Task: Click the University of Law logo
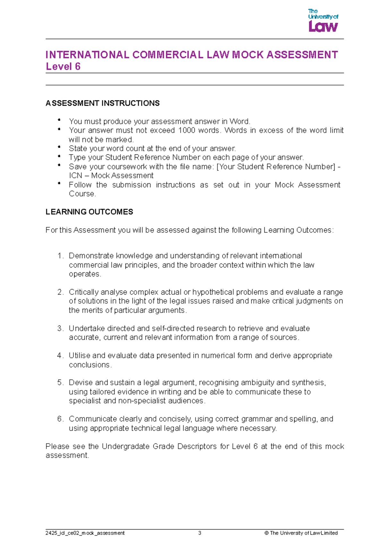(323, 21)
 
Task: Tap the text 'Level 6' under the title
(63, 66)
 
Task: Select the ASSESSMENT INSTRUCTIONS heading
(103, 103)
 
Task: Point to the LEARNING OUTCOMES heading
(89, 212)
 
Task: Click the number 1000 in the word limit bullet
(186, 130)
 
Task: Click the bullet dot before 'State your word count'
(59, 147)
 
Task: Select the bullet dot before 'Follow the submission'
(59, 184)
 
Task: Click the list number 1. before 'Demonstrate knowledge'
(61, 256)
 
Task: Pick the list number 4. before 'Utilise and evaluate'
(61, 356)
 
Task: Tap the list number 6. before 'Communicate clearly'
(61, 419)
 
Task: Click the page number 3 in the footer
(200, 533)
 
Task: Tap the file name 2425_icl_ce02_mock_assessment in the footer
(85, 533)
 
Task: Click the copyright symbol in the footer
(266, 533)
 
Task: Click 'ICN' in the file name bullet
(76, 176)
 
